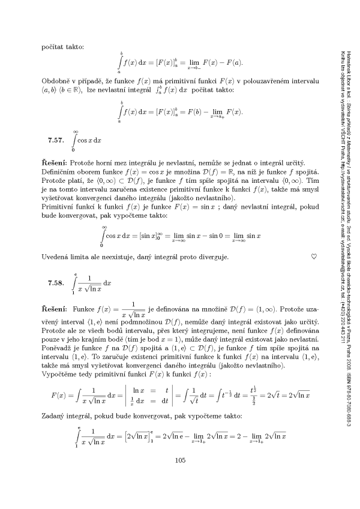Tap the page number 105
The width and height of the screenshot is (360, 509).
(180, 477)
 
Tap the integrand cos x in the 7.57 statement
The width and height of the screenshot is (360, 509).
(89, 141)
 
